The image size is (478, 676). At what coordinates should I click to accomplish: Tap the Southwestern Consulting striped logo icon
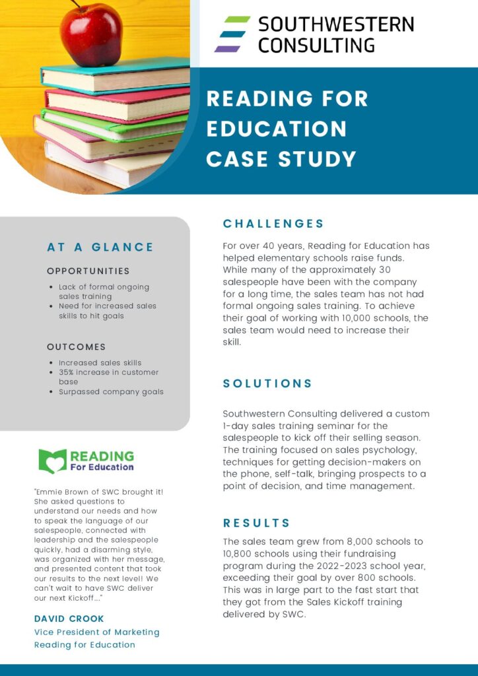[x=232, y=34]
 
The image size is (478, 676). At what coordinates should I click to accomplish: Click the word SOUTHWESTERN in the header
[x=335, y=25]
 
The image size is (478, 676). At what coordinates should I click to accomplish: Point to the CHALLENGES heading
[x=273, y=224]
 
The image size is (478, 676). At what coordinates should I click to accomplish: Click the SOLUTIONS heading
[x=267, y=384]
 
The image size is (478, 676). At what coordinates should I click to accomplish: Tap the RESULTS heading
[x=256, y=523]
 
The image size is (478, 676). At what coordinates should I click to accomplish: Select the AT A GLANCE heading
[x=100, y=247]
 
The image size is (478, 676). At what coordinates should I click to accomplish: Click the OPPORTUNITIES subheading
[x=88, y=271]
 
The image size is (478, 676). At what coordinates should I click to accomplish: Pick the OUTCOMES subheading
[x=76, y=347]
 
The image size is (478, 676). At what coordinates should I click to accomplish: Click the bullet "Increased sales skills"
[x=100, y=362]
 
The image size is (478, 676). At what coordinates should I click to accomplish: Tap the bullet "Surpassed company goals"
[x=111, y=391]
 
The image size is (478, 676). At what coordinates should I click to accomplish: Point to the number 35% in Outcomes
[x=66, y=372]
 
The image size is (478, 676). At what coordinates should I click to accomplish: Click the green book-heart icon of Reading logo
[x=52, y=461]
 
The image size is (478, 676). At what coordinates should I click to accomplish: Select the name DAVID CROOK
[x=69, y=619]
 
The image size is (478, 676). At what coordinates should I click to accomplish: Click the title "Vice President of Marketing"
[x=96, y=632]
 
